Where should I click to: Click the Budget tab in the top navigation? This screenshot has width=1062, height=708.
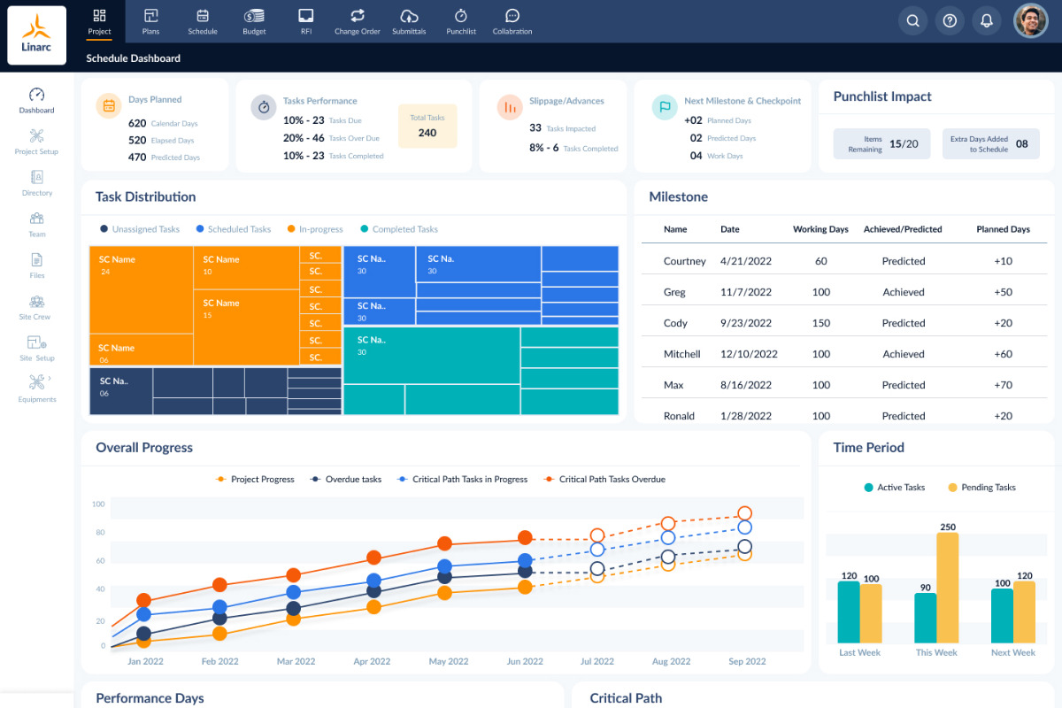point(254,21)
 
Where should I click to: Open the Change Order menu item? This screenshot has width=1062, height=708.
point(358,21)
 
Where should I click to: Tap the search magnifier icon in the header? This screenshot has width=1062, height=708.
point(912,21)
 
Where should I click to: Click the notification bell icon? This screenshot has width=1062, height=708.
point(986,21)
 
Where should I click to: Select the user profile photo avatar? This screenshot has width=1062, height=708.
point(1030,21)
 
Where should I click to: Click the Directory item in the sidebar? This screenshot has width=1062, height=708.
point(37,182)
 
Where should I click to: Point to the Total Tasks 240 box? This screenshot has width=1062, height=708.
point(427,126)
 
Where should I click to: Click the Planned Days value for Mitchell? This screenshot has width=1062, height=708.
point(1003,354)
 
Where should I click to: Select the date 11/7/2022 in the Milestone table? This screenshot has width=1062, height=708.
point(747,292)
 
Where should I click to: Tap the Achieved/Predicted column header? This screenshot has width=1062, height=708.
point(903,229)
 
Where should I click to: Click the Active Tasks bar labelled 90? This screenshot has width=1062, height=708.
point(926,617)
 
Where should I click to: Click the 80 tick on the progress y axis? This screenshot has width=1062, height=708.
point(99,533)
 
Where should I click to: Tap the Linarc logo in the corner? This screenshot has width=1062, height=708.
point(36,35)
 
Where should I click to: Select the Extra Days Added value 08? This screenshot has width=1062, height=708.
point(1021,144)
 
